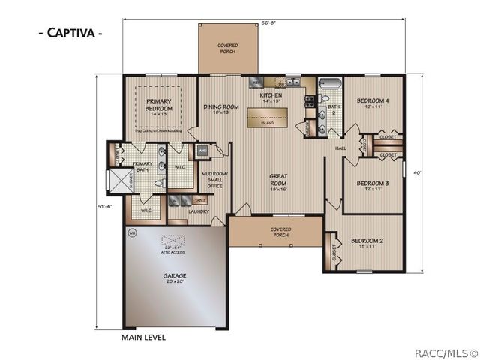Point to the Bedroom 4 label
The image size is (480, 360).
click(373, 103)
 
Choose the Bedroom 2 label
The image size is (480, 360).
click(367, 243)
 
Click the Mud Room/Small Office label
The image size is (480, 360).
click(213, 180)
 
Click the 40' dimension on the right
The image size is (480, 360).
click(418, 173)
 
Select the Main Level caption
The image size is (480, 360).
click(143, 337)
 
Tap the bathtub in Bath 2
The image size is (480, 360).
click(330, 85)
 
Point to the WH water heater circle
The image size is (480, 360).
click(131, 232)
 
